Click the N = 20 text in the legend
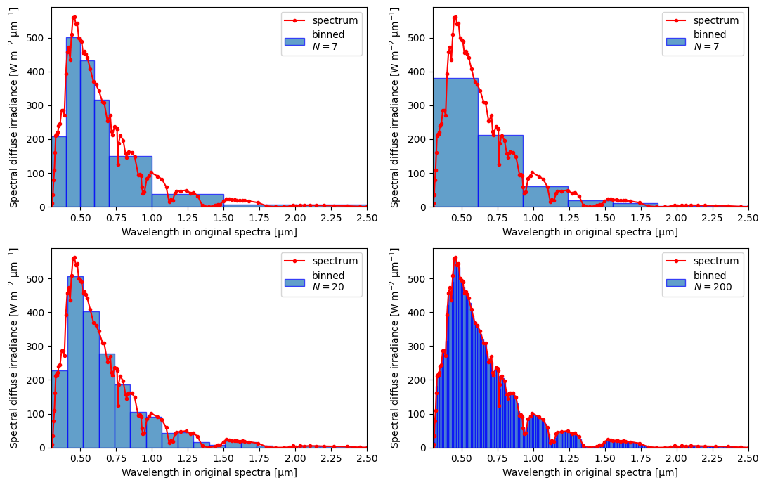328,287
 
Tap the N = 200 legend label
713,287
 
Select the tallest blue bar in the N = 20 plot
75,362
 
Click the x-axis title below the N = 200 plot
590,473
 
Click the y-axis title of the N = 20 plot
13,348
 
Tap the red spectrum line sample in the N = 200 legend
677,261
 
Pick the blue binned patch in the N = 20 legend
294,283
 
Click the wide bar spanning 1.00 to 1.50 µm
188,201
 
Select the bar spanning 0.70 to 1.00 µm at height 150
131,181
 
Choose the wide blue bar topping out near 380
455,143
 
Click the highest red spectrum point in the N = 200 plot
455,257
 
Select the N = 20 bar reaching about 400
91,380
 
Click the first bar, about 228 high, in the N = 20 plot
60,409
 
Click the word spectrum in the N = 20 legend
335,261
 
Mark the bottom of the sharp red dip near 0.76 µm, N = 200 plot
499,406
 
